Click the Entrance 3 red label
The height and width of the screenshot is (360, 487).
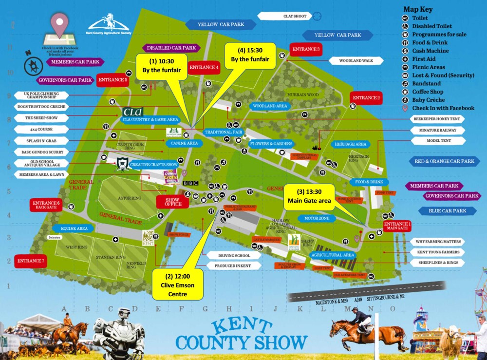[x=306, y=49]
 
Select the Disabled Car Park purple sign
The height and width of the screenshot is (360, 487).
[x=171, y=48]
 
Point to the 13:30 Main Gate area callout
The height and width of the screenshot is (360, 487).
[x=309, y=197]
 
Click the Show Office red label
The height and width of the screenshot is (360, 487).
[x=172, y=201]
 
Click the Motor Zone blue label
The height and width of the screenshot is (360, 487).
[x=318, y=218]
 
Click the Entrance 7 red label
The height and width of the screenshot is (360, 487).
[x=31, y=261]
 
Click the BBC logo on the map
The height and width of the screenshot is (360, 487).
[x=190, y=183]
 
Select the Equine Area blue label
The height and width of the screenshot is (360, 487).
[x=74, y=228]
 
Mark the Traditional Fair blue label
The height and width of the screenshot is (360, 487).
[x=224, y=132]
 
